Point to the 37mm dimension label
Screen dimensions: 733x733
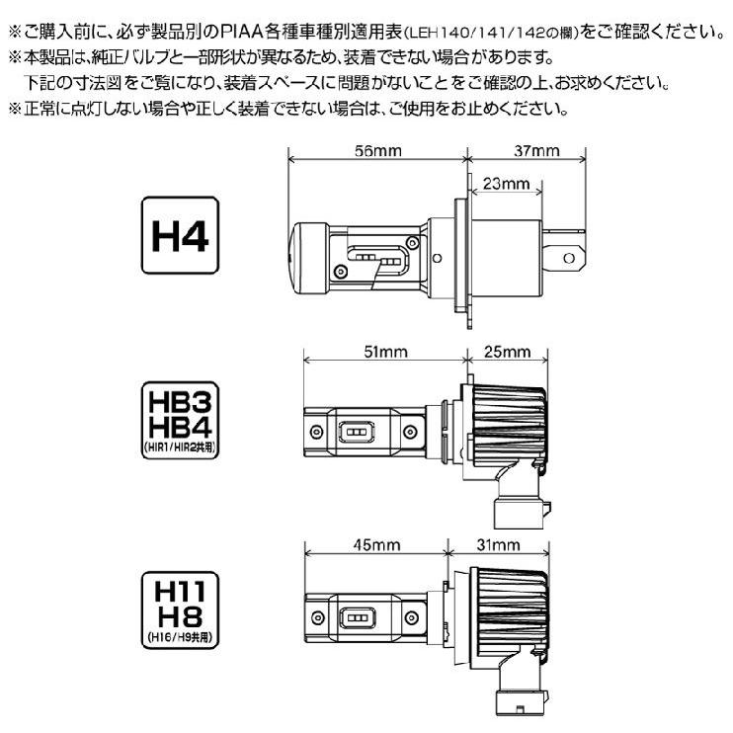pyautogui.click(x=536, y=151)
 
